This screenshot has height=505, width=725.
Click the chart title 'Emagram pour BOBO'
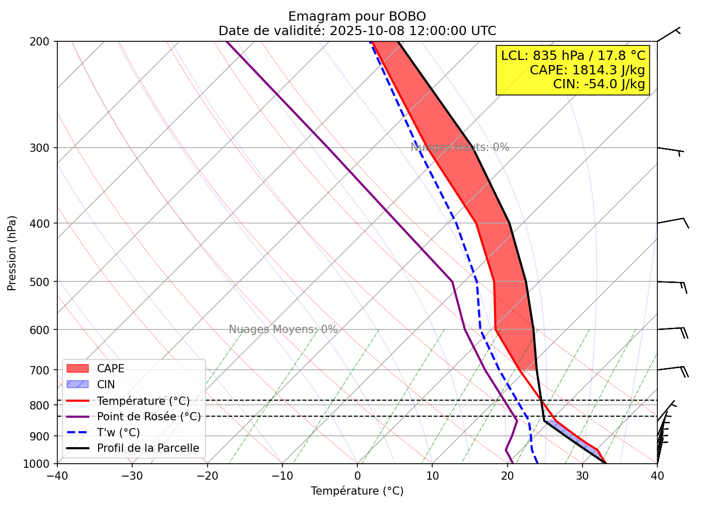click(357, 17)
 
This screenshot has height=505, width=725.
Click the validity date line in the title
click(357, 31)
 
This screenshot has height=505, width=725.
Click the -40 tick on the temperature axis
click(57, 475)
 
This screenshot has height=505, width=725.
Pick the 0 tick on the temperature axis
click(357, 475)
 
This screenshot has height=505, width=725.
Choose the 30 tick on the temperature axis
click(582, 475)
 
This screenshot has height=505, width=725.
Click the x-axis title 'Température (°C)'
click(357, 491)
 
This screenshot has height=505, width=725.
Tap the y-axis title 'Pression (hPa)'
click(12, 253)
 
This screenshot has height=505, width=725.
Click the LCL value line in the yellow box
click(573, 56)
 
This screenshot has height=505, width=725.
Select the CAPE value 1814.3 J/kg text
click(587, 70)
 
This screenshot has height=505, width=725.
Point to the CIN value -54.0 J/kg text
click(599, 84)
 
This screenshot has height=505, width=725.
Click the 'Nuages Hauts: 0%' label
click(460, 147)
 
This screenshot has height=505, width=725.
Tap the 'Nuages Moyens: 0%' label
click(283, 329)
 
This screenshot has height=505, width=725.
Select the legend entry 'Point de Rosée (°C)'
click(149, 417)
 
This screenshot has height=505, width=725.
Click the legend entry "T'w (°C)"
click(118, 433)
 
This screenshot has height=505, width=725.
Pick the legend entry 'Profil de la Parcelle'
click(148, 448)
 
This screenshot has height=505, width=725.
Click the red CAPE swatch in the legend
click(78, 369)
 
